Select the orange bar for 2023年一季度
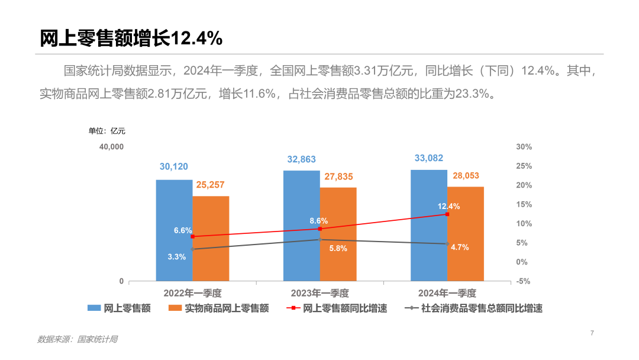pyautogui.click(x=338, y=234)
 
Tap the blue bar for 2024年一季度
pyautogui.click(x=429, y=225)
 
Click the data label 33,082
pyautogui.click(x=429, y=158)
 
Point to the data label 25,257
pyautogui.click(x=210, y=185)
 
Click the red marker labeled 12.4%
pyautogui.click(x=447, y=214)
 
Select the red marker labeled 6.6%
pyautogui.click(x=192, y=236)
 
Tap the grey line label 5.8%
pyautogui.click(x=338, y=249)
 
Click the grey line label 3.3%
pyautogui.click(x=177, y=257)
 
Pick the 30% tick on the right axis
pyautogui.click(x=524, y=147)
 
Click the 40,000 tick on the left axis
pyautogui.click(x=111, y=147)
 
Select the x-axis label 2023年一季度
pyautogui.click(x=319, y=293)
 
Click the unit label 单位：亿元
pyautogui.click(x=107, y=131)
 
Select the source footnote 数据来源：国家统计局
pyautogui.click(x=78, y=339)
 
